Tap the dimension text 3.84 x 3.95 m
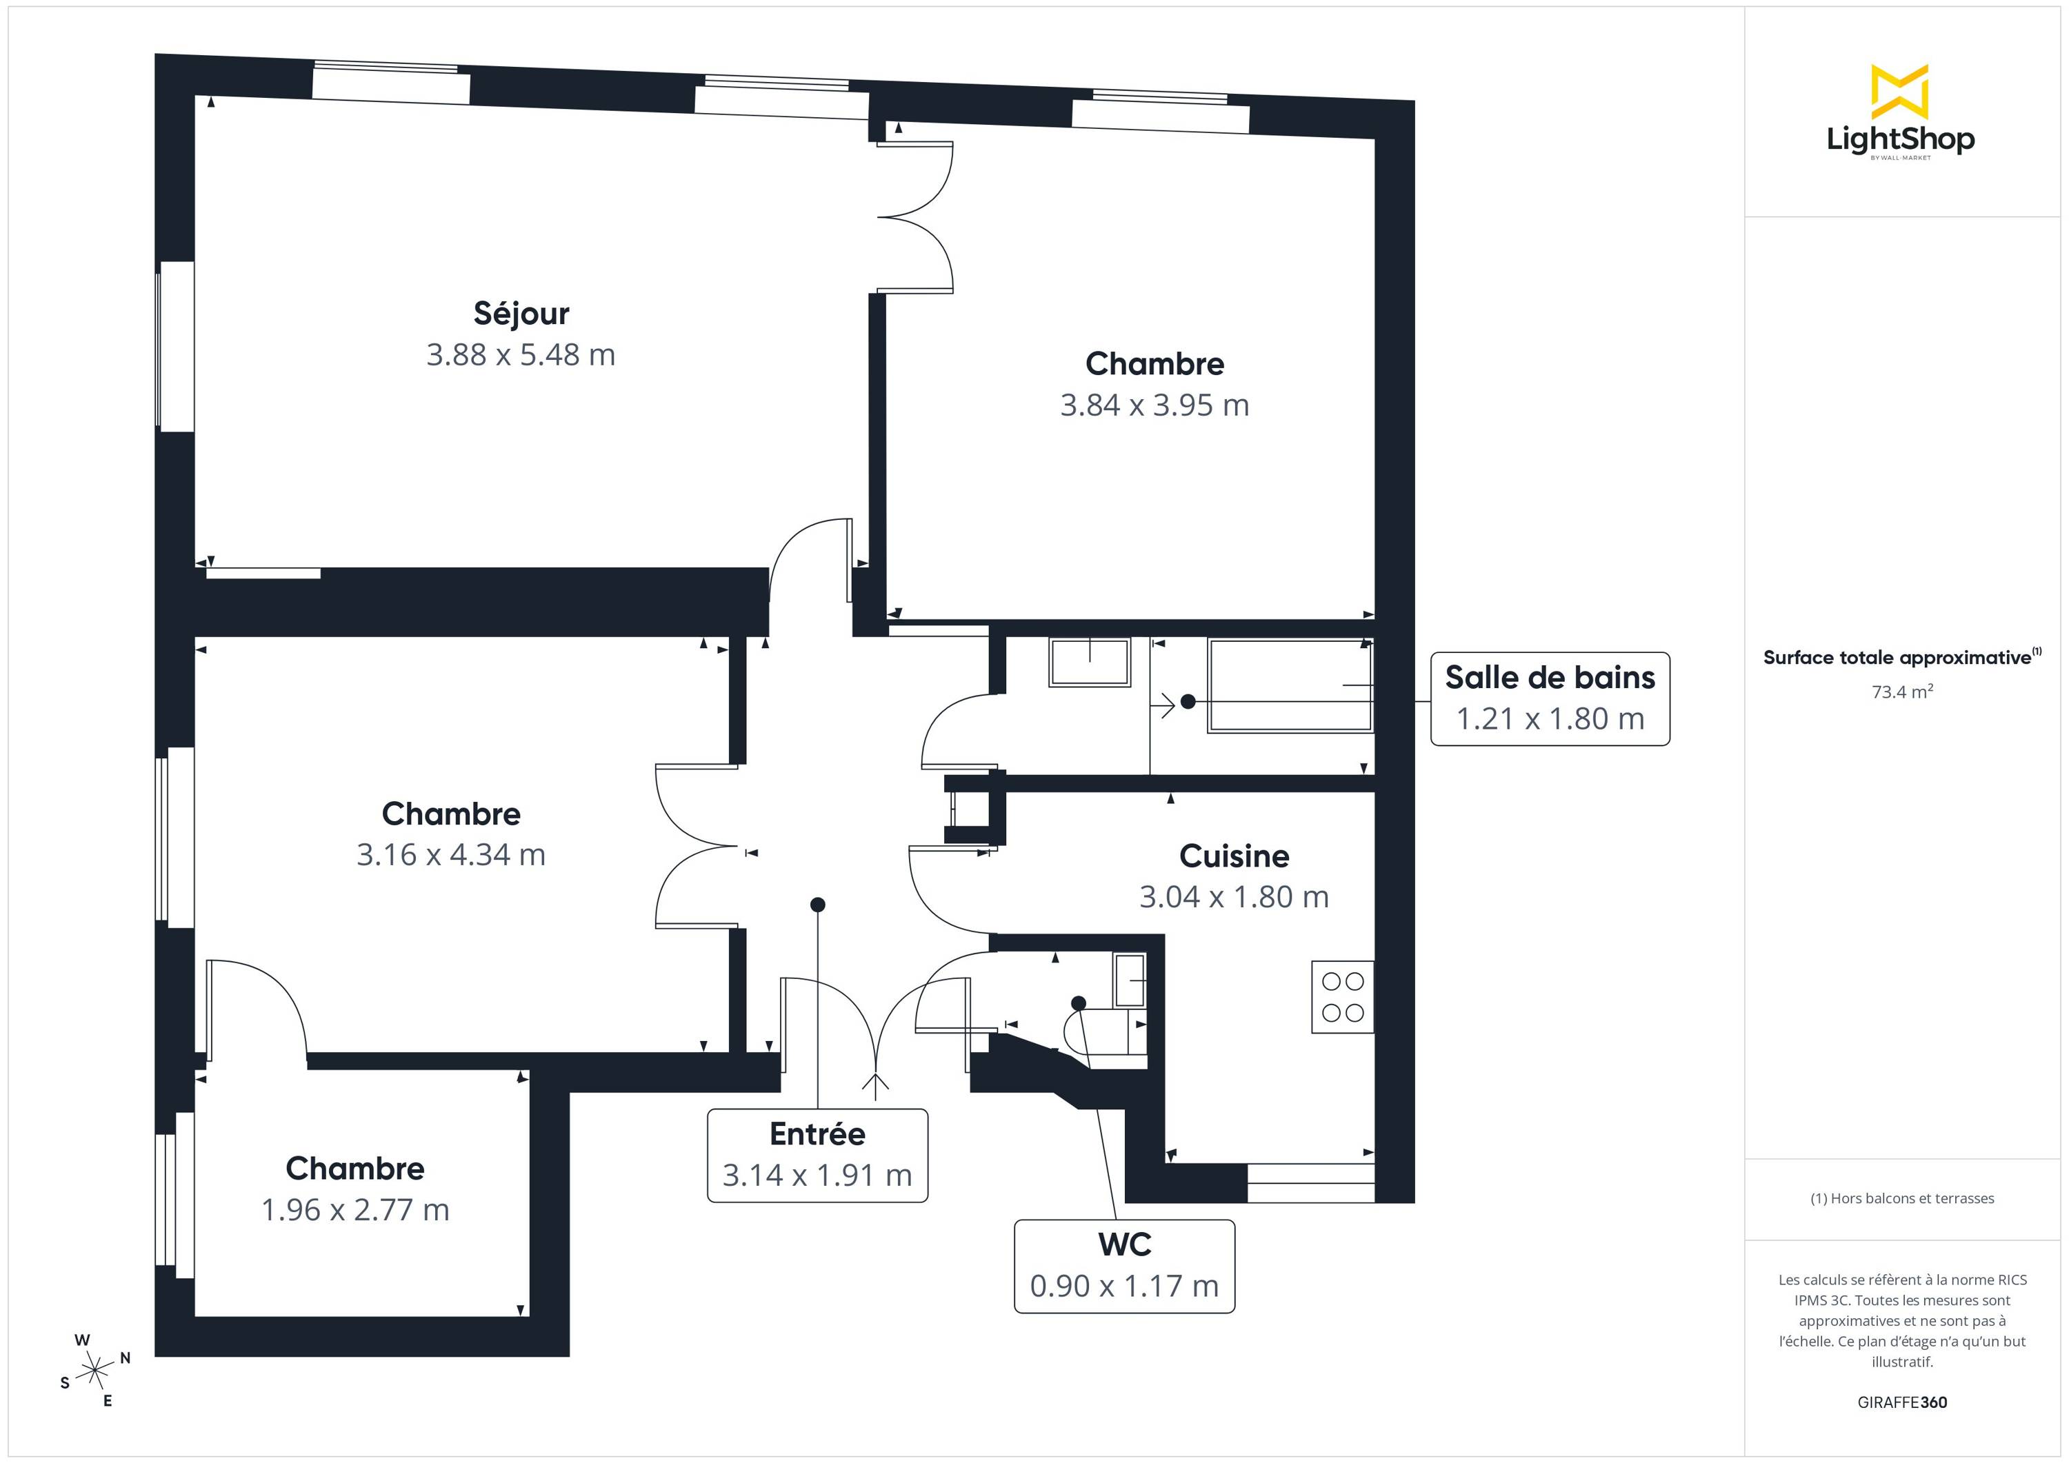tap(1155, 405)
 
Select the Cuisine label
tap(1234, 856)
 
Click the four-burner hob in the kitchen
tap(1343, 996)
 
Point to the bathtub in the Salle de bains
tap(1290, 685)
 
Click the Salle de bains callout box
tap(1550, 699)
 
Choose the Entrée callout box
tap(817, 1156)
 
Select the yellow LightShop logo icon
tap(1899, 92)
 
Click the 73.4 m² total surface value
tap(1902, 692)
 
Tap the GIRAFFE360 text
tap(1902, 1402)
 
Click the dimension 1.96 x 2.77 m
tap(355, 1210)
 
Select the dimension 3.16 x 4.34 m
tap(450, 855)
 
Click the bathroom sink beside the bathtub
tap(1090, 662)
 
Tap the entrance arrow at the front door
tap(875, 1087)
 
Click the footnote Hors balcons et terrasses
tap(1902, 1198)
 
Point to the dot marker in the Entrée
tap(817, 905)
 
